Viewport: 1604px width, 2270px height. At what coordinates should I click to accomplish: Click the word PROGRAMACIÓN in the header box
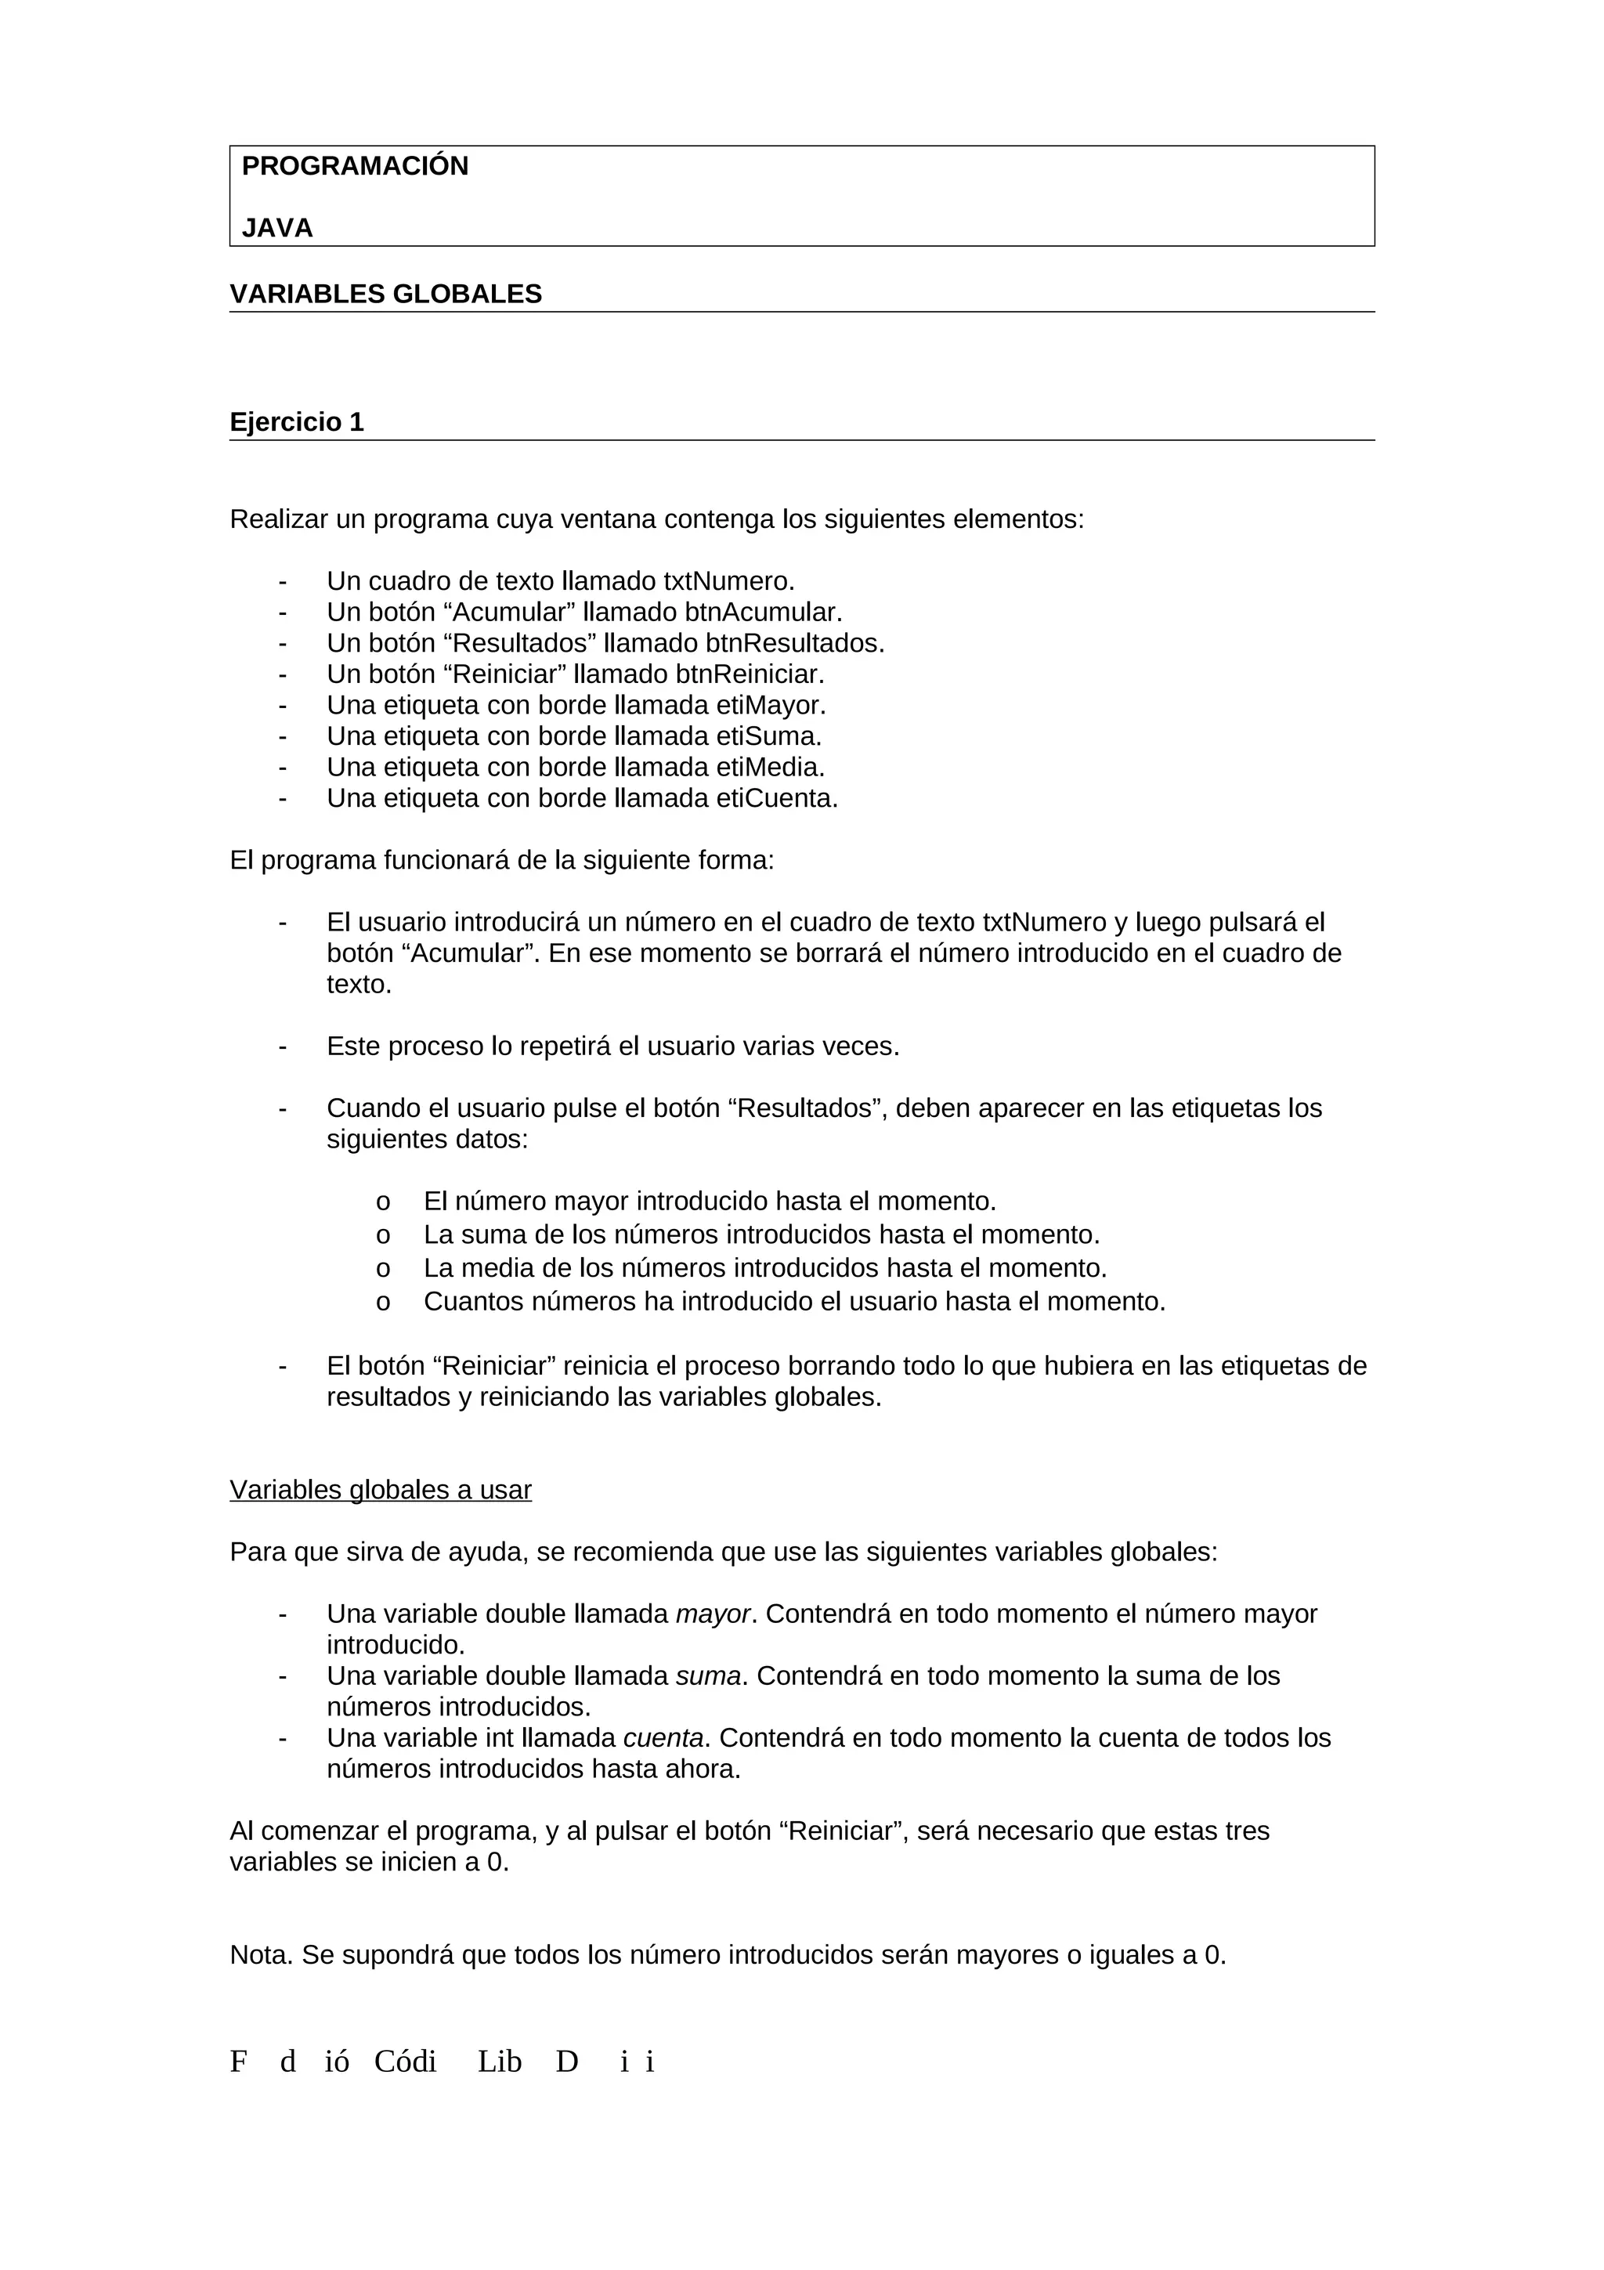tap(355, 166)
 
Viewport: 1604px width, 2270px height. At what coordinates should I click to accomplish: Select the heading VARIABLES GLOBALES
tap(385, 295)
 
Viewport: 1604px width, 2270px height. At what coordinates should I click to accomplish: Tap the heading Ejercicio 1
tap(297, 422)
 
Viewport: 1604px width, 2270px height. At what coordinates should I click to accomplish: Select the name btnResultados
tap(795, 644)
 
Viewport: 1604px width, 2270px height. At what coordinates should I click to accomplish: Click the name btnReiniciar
tap(749, 674)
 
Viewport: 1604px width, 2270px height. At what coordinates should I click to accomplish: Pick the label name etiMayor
tap(771, 706)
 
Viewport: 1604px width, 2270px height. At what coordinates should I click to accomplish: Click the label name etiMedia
tap(770, 767)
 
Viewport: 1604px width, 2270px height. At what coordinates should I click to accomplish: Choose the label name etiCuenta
tap(777, 799)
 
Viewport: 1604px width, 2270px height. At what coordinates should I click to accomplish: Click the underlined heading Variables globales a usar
tap(381, 1490)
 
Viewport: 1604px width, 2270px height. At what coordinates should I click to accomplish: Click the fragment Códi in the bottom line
tap(405, 2062)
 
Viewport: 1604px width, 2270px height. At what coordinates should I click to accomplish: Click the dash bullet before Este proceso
tap(283, 1046)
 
